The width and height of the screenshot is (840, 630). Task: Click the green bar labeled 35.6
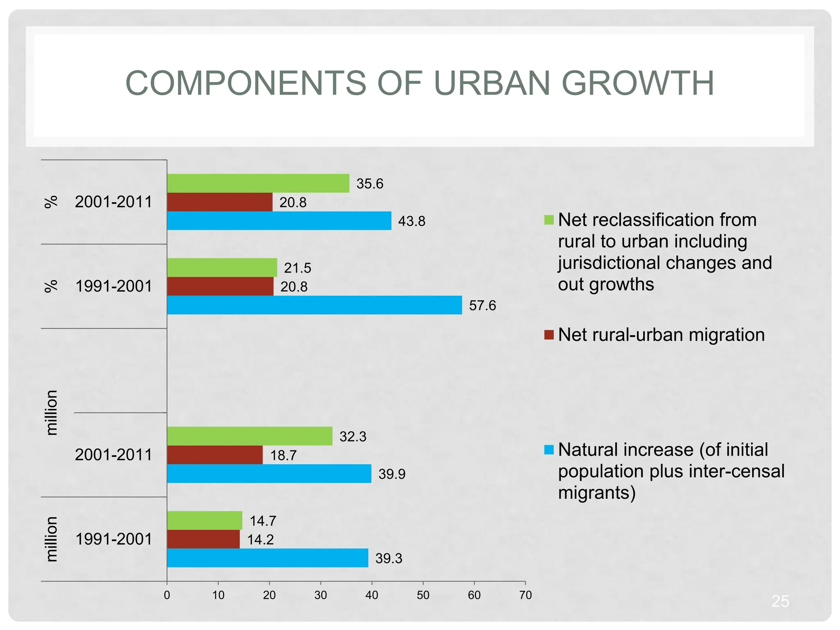(x=258, y=183)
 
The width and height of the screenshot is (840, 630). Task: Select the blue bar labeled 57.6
(x=314, y=305)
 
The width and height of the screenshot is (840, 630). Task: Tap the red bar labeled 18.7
(x=215, y=455)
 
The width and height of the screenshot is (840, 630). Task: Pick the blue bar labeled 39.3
(x=267, y=558)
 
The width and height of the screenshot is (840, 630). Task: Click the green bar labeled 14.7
(x=204, y=520)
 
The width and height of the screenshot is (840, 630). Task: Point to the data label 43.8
(x=411, y=221)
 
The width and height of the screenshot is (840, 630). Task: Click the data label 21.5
(x=297, y=268)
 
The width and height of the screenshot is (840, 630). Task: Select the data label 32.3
(x=353, y=437)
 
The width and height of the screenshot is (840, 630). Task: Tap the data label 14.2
(x=260, y=540)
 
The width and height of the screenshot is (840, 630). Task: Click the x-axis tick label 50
(x=423, y=595)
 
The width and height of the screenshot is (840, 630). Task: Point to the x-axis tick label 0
(x=167, y=595)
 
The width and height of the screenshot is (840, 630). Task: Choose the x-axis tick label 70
(x=525, y=595)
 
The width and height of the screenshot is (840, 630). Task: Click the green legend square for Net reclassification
(x=549, y=220)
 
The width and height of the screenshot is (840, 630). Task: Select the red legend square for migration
(x=549, y=335)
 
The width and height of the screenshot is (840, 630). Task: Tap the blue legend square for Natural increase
(x=549, y=450)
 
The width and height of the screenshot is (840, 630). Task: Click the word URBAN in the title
(x=491, y=83)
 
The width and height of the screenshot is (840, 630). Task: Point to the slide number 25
(x=780, y=601)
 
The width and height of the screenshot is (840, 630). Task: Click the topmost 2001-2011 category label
(x=114, y=202)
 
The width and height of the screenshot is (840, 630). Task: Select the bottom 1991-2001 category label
(x=114, y=539)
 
